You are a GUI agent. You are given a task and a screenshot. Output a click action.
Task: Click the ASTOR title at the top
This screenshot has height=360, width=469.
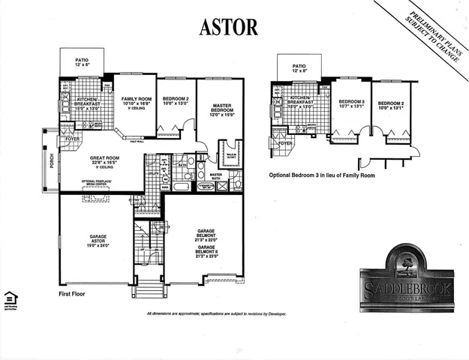click(228, 26)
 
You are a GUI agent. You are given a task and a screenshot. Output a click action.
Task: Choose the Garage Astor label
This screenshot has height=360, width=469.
click(95, 241)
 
